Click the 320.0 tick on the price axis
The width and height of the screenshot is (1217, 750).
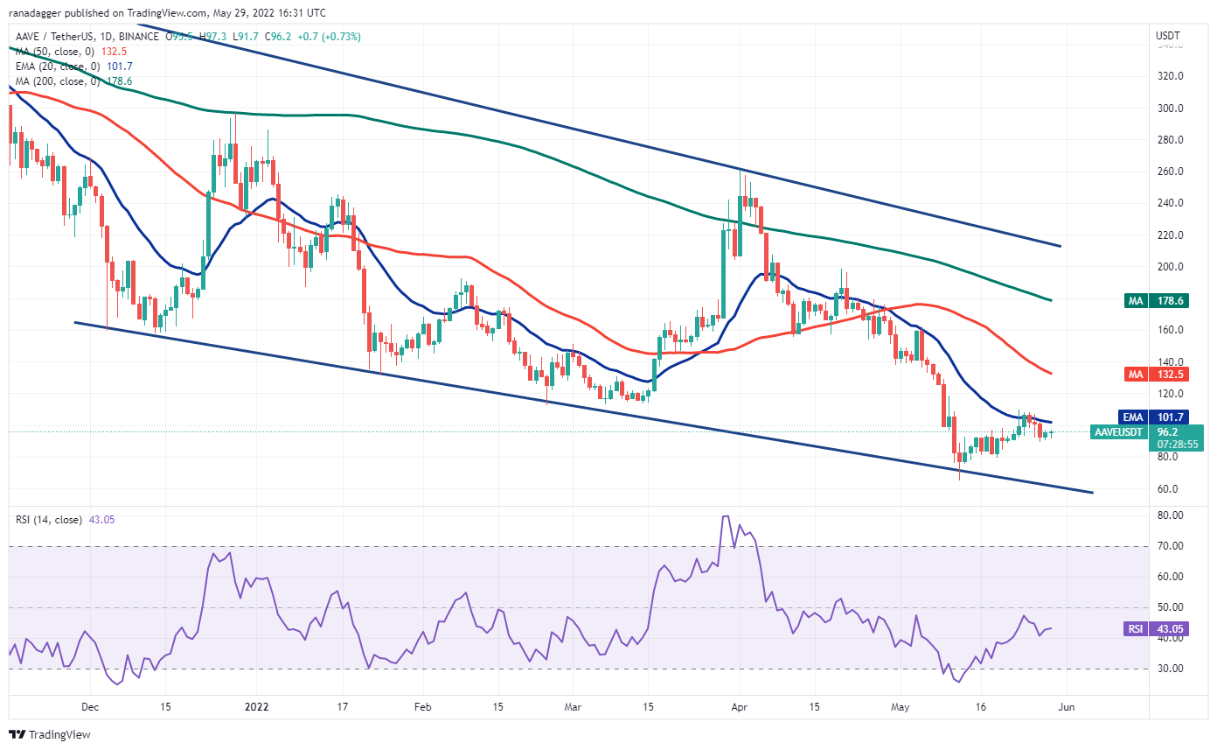point(1171,76)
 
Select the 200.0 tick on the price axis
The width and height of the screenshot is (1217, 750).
point(1171,267)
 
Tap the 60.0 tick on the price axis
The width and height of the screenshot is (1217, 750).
point(1171,488)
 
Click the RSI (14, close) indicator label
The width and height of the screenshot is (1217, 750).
point(49,520)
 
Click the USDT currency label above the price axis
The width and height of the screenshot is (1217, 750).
point(1168,35)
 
